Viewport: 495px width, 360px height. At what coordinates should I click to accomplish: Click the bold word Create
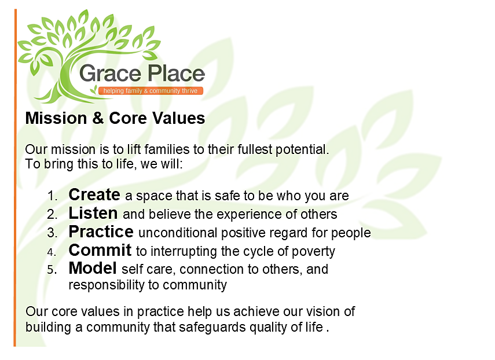(94, 194)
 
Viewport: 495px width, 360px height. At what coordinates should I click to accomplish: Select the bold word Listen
(93, 213)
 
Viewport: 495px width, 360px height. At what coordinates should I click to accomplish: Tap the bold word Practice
(101, 232)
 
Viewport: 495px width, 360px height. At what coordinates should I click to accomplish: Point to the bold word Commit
(100, 250)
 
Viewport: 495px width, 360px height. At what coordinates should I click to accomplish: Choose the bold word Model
(93, 268)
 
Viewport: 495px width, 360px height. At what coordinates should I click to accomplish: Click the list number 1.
(53, 196)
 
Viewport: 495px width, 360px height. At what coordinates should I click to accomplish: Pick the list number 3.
(53, 233)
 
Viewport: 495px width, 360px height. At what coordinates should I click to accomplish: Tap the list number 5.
(53, 270)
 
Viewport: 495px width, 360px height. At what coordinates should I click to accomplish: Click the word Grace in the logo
(110, 74)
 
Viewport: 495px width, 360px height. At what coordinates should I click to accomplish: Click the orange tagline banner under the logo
(151, 91)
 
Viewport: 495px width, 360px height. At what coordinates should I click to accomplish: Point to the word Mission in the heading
(56, 118)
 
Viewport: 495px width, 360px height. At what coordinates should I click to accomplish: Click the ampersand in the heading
(98, 118)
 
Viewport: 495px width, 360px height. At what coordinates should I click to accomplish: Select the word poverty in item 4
(313, 252)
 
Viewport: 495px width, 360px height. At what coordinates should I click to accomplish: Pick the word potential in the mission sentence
(302, 150)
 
